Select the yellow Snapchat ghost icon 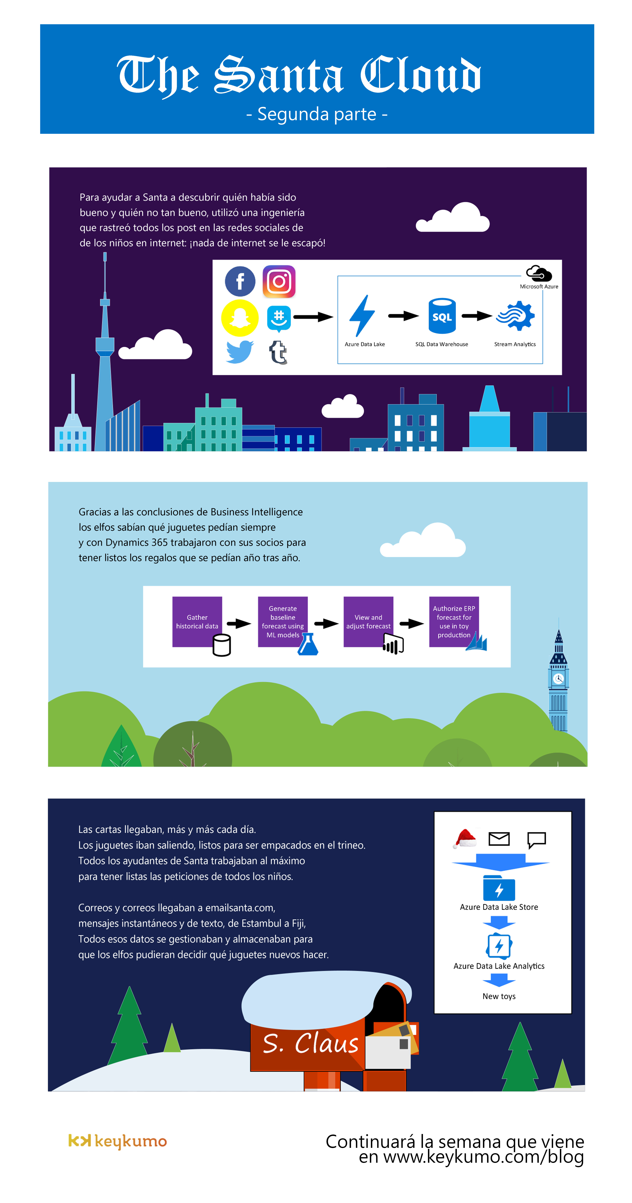[240, 318]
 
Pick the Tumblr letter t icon [278, 352]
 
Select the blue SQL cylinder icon [442, 316]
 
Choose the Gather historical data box [197, 622]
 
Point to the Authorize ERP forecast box [454, 622]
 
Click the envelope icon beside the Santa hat [499, 839]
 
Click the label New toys [499, 996]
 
